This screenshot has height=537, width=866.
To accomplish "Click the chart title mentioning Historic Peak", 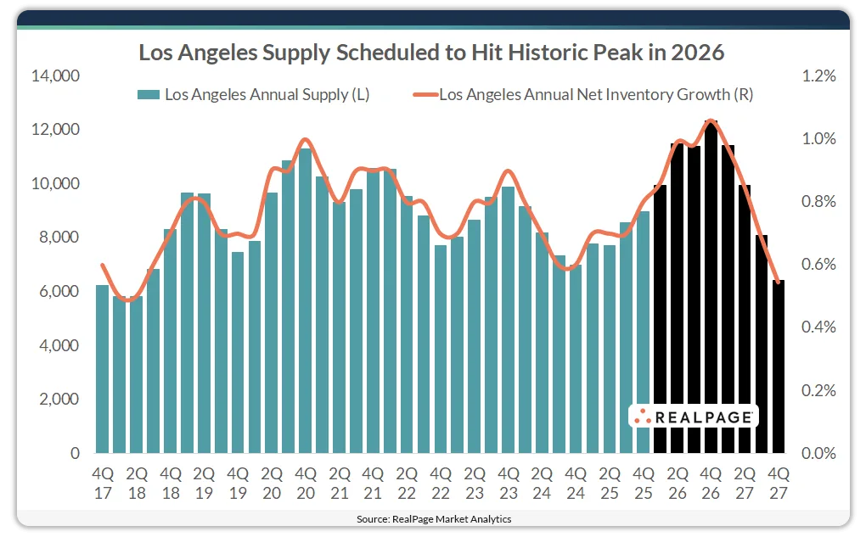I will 431,53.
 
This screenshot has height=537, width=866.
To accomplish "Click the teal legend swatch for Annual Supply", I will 149,95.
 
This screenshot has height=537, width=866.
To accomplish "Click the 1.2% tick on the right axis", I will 818,76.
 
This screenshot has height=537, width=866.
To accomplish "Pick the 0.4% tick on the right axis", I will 818,327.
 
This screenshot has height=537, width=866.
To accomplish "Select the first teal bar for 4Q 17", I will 102,369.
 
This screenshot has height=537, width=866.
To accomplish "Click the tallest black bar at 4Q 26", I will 711,288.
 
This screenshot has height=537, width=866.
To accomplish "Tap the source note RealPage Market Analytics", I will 433,518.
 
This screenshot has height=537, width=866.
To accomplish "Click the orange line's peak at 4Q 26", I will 711,120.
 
